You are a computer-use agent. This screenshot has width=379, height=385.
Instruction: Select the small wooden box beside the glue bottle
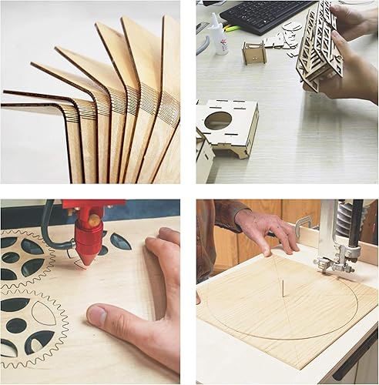pyautogui.click(x=253, y=52)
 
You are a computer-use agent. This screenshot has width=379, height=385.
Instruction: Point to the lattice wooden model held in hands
pyautogui.click(x=319, y=46)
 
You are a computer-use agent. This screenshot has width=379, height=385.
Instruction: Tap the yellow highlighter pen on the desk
pyautogui.click(x=232, y=28)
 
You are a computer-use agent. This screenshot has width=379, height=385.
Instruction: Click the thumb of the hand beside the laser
pyautogui.click(x=108, y=316)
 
